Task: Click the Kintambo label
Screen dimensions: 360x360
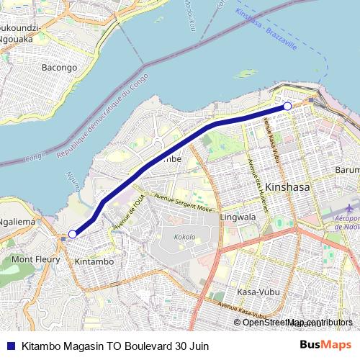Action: [94, 262]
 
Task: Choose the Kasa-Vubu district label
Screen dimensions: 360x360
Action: [256, 292]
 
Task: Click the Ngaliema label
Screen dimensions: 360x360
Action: [17, 222]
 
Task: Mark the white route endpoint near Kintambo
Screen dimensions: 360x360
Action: [72, 234]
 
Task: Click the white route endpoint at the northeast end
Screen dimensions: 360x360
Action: [287, 107]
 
